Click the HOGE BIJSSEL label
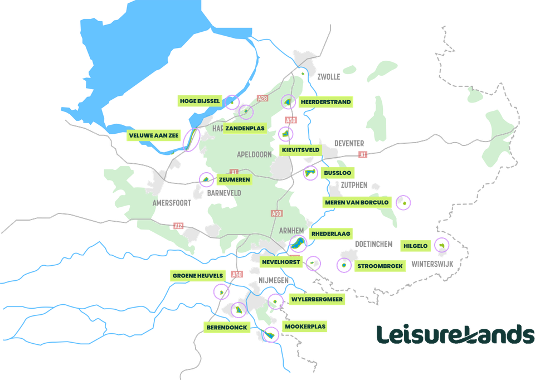[x=200, y=101]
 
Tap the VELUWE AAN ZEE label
[x=154, y=136]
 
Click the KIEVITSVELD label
[x=301, y=150]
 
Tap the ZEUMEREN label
[x=235, y=180]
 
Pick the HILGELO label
[x=416, y=245]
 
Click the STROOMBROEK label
[x=380, y=266]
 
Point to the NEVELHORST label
[x=282, y=261]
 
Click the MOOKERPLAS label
[x=304, y=327]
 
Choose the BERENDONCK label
[x=227, y=328]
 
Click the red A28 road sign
[x=262, y=99]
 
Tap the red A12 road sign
[x=178, y=226]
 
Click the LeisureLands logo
[x=455, y=335]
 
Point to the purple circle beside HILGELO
[x=441, y=244]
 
